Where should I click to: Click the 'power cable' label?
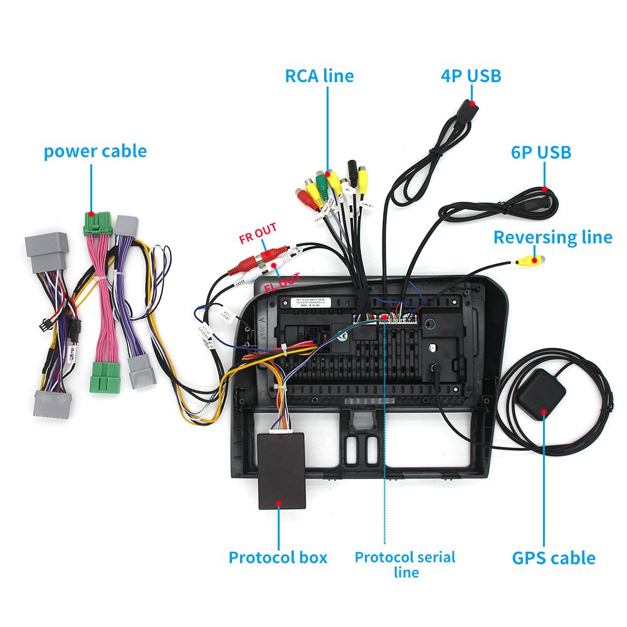tap(95, 152)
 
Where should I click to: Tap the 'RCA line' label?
tap(319, 76)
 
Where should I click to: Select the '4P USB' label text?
tap(471, 76)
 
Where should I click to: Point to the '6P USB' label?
tap(541, 152)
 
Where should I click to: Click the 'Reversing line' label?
tap(552, 238)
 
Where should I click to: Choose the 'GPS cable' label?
tap(554, 557)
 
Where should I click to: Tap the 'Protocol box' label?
tap(278, 557)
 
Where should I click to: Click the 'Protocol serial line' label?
tap(405, 564)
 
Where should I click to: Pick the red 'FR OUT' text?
tap(258, 234)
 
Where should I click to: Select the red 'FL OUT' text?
tap(282, 283)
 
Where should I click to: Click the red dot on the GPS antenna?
tap(544, 413)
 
